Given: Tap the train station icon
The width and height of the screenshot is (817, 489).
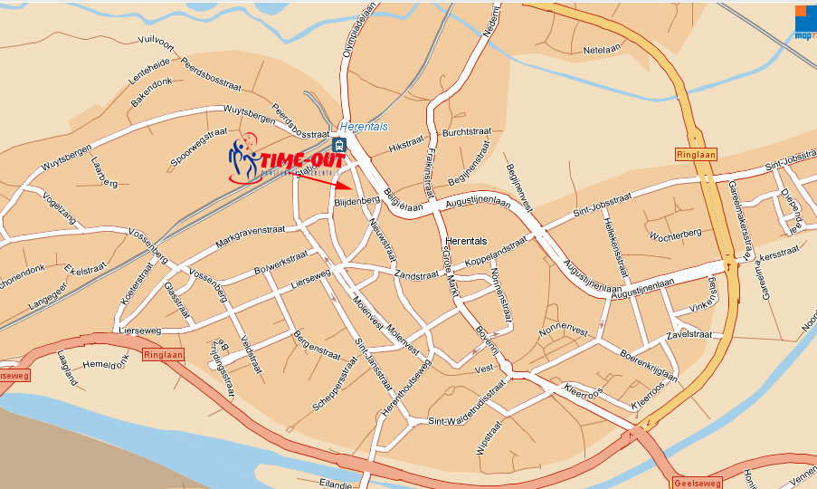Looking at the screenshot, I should coord(337,144).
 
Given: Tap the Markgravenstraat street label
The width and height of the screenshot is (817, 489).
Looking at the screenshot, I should coord(250,238).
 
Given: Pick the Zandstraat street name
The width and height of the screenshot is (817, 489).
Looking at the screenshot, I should coord(416,273).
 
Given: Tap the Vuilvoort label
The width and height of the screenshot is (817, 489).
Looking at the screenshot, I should coord(156,41).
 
